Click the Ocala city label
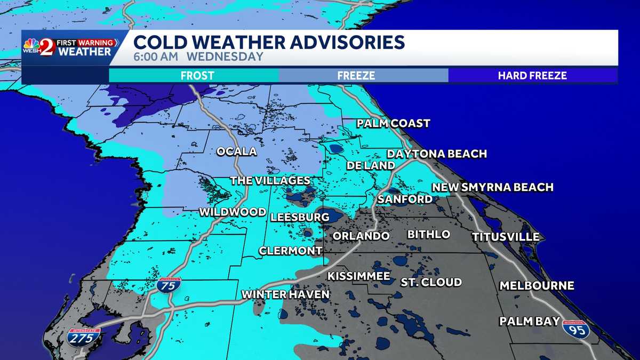pos(236,151)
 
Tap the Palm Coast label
pos(393,124)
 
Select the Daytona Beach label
pos(437,154)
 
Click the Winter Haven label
pos(285,294)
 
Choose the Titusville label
pos(505,237)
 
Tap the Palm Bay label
pos(529,321)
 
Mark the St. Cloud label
pos(431,282)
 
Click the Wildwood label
pos(233,212)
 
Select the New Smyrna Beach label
pos(492,187)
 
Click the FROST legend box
pos(194,76)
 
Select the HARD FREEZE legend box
pos(532,76)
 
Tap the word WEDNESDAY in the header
pos(232,57)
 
